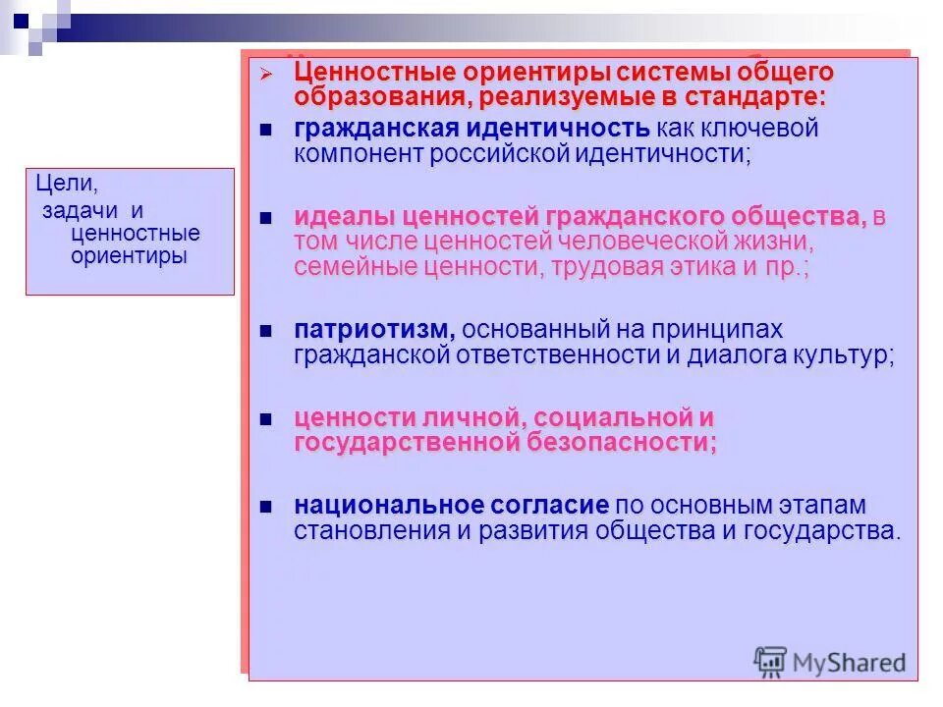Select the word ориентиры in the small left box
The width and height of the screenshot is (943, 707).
coord(128,256)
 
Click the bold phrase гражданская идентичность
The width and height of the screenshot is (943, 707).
coord(471,129)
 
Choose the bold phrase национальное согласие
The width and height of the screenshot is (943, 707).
coord(451,507)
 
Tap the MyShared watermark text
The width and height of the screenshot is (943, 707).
coord(850,663)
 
